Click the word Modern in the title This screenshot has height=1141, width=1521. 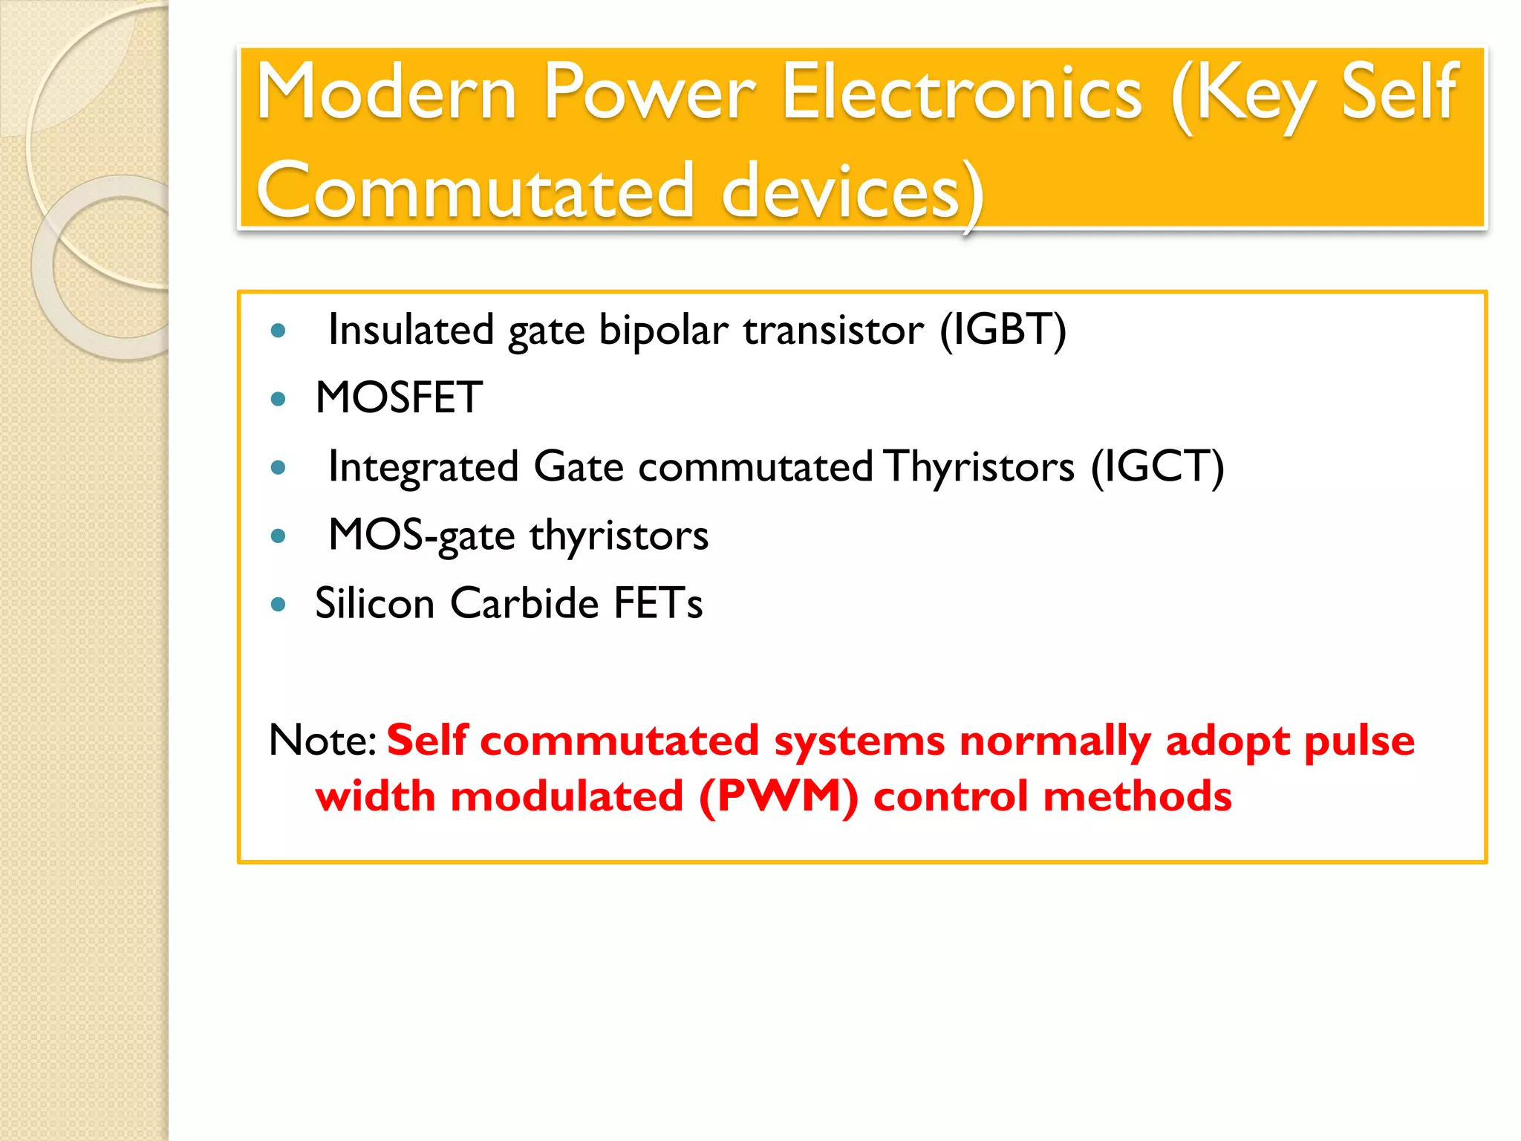pos(386,93)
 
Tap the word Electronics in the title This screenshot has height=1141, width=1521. pos(962,93)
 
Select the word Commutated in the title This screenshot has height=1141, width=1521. pos(475,192)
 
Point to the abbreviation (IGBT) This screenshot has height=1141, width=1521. pos(1003,330)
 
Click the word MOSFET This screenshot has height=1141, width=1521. pos(399,398)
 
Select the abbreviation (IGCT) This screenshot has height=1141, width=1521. pos(1157,467)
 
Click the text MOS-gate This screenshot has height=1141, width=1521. pos(421,535)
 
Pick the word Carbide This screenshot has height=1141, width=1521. pos(524,602)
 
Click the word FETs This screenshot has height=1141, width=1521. pos(657,602)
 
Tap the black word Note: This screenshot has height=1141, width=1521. pos(322,741)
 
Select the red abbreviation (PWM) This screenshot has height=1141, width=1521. pos(778,797)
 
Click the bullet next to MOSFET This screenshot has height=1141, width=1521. pos(279,400)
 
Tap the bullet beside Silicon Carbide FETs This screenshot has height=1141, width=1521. pos(279,605)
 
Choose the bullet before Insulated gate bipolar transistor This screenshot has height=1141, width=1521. pos(279,331)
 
